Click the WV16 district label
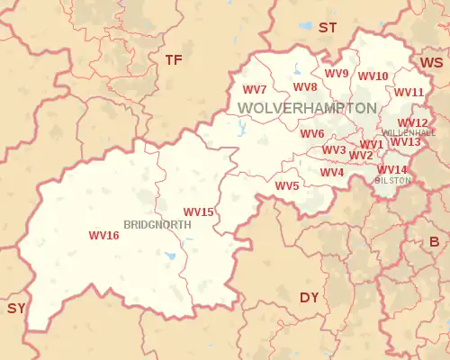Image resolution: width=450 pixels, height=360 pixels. (x=103, y=236)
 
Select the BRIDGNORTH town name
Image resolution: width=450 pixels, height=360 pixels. (x=157, y=224)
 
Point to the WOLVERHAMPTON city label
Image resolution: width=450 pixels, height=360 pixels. (x=307, y=108)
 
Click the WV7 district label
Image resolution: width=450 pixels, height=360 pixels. (x=255, y=90)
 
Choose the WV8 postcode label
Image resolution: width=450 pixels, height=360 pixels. (x=305, y=87)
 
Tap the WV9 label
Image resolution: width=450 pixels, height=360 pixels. (x=336, y=74)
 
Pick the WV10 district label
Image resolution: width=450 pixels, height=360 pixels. (x=373, y=76)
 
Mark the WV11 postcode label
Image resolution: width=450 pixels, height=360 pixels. (x=409, y=93)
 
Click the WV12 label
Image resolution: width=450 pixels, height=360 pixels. (x=413, y=123)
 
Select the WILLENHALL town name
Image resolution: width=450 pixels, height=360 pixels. (x=409, y=132)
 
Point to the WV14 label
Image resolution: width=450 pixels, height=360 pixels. (x=391, y=170)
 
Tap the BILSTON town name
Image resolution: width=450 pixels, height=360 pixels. (x=392, y=180)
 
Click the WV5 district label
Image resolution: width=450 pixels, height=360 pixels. (x=287, y=186)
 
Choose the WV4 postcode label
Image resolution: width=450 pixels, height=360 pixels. (x=332, y=173)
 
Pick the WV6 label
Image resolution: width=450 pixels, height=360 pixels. (x=312, y=134)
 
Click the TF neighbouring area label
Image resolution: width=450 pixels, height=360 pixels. (x=173, y=59)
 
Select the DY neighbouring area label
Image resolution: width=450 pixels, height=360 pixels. (x=309, y=297)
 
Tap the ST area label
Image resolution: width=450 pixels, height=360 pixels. (x=327, y=28)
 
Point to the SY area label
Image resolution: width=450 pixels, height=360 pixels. (x=16, y=308)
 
